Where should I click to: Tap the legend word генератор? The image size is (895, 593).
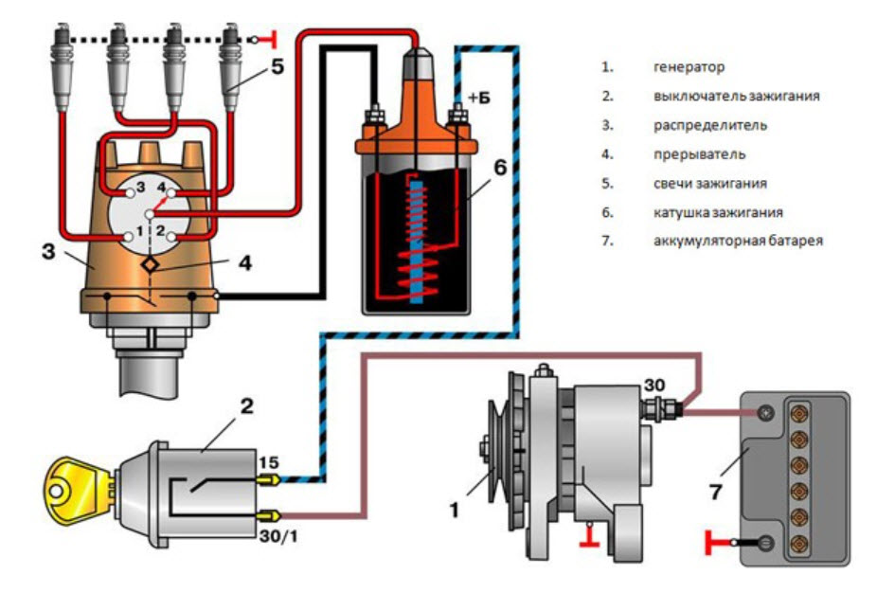point(689,68)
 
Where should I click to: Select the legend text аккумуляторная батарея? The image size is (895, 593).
point(738,241)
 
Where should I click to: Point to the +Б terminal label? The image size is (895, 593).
point(478,99)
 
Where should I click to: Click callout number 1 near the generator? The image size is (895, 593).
point(455,510)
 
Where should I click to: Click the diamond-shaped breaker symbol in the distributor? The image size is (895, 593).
point(149,266)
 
